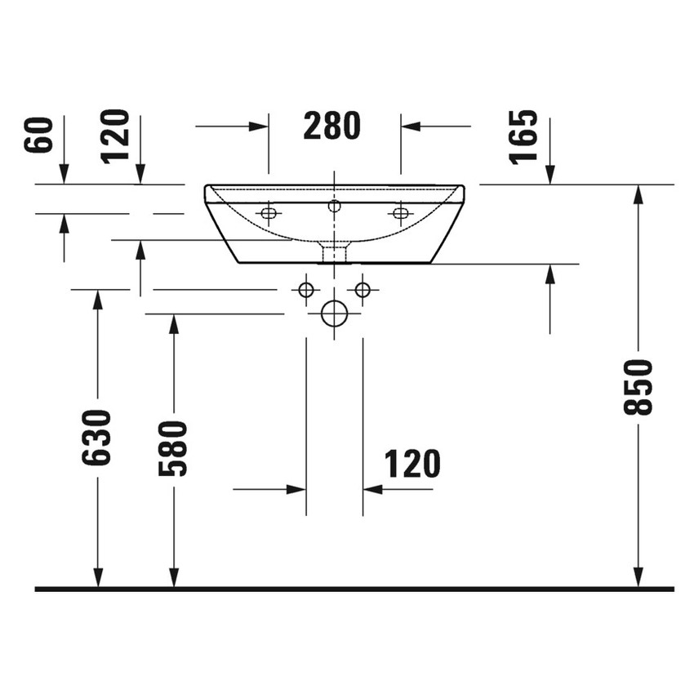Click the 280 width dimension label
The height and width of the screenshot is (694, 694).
(331, 126)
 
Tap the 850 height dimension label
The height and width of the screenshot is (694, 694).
(638, 386)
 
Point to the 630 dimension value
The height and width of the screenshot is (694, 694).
(97, 438)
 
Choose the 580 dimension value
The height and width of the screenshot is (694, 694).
(173, 448)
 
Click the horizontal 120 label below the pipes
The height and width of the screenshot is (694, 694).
(412, 464)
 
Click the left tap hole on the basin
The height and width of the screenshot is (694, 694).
(268, 214)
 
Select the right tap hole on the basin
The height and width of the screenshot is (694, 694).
(400, 214)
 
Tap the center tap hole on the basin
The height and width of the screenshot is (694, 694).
(334, 206)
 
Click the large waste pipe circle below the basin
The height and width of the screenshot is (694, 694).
(334, 314)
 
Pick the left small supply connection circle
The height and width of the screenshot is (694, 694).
(306, 289)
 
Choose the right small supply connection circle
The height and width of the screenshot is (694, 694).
(363, 289)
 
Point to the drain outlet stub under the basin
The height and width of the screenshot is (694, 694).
(334, 252)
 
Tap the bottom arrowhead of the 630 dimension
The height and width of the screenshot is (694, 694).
(97, 577)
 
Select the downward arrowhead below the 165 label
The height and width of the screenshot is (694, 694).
(550, 175)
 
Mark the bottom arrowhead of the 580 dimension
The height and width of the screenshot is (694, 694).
(173, 577)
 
